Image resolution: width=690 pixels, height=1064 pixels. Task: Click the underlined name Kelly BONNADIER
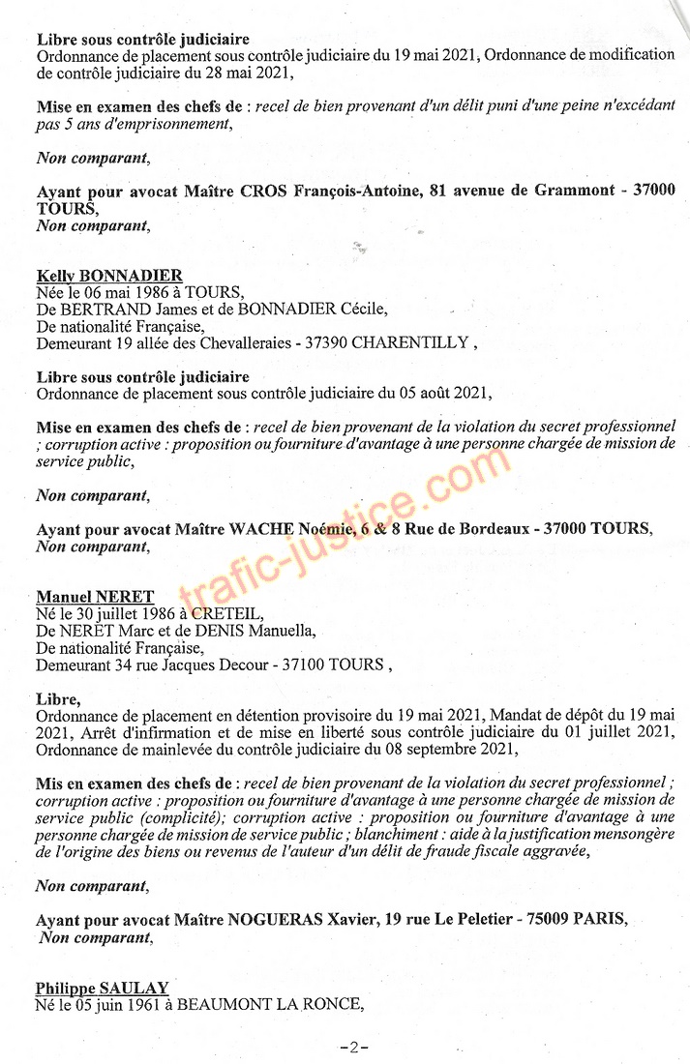109,276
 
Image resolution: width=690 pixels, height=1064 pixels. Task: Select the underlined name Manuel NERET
95,597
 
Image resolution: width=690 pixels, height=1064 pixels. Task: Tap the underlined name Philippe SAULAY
103,988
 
